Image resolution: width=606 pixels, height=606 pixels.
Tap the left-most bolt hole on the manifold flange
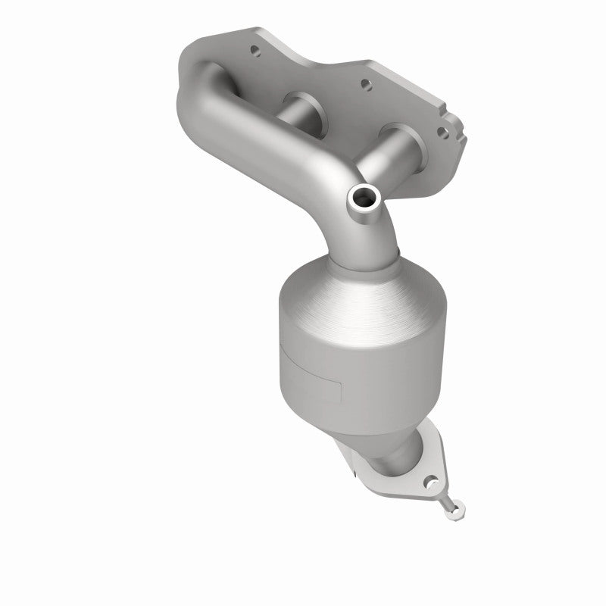pyautogui.click(x=254, y=53)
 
